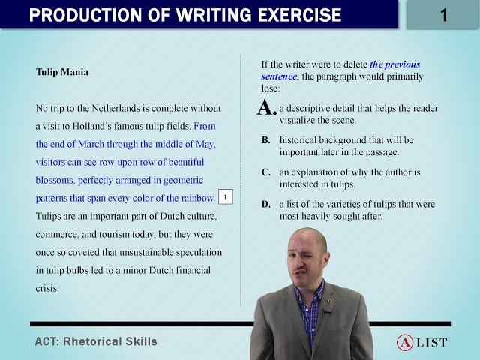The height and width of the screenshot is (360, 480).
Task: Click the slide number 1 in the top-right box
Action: [444, 15]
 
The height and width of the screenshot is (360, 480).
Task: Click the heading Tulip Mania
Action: [62, 72]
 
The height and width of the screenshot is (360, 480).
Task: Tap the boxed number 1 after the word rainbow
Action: [226, 196]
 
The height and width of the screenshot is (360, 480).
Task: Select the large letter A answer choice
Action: [267, 108]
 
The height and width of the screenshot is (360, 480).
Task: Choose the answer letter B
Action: [265, 140]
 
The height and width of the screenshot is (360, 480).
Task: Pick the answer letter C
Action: [265, 172]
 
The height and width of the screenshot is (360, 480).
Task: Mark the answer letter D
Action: [266, 204]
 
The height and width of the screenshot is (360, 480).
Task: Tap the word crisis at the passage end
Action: [47, 288]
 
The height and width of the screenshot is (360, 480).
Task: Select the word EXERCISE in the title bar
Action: [300, 15]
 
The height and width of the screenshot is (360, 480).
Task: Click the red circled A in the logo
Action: [405, 343]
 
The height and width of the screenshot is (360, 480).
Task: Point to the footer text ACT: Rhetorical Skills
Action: [96, 341]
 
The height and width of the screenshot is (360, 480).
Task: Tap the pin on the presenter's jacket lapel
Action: [330, 301]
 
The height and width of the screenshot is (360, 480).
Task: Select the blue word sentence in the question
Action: [279, 76]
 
